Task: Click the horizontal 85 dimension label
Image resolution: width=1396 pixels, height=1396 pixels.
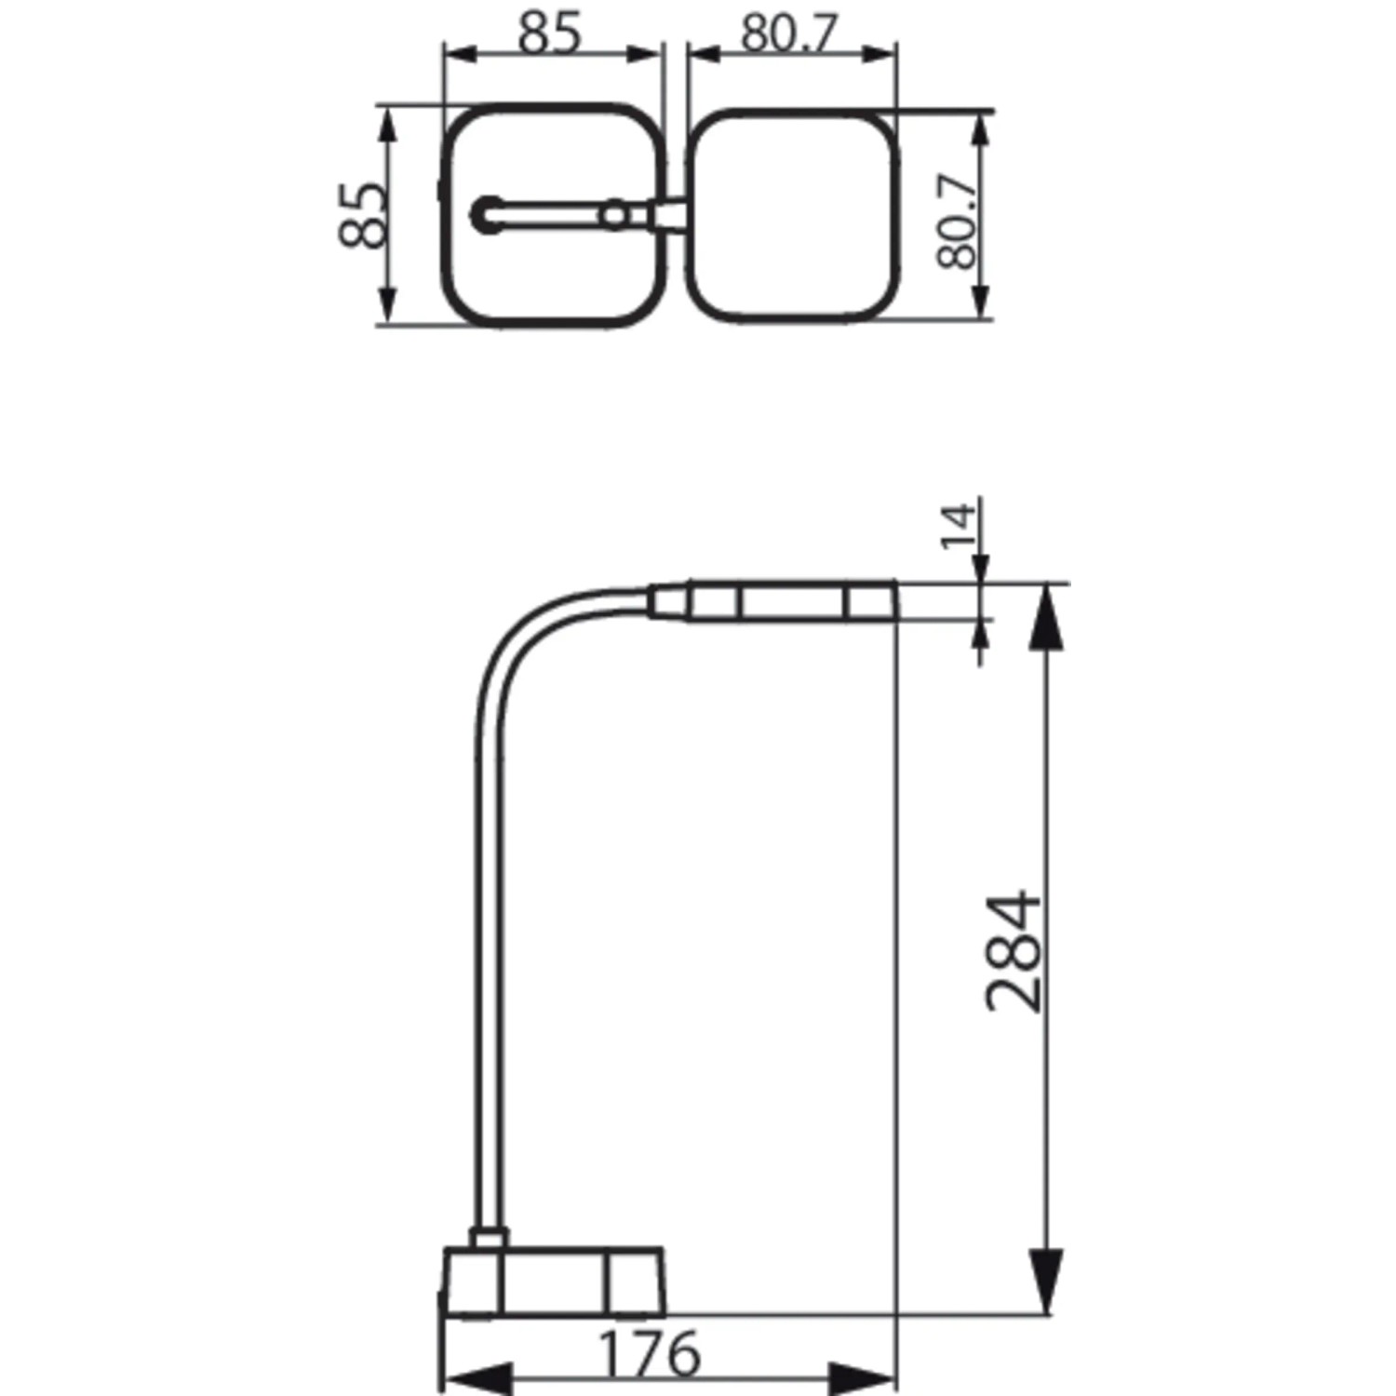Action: coord(549,33)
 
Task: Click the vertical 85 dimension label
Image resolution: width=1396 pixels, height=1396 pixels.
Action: coord(362,214)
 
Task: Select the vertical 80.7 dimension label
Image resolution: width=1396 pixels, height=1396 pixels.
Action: coord(958,222)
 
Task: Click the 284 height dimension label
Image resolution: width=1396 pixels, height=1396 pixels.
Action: coord(1013,950)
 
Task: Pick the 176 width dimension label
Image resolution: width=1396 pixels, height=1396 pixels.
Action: coord(649,1354)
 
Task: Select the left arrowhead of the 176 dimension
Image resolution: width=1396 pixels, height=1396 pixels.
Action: coord(479,1377)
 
